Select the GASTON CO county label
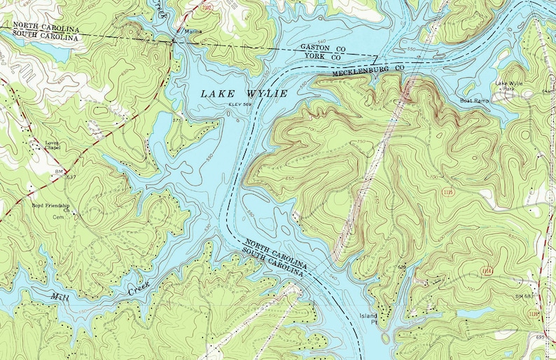[x=321, y=47]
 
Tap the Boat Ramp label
[x=474, y=100]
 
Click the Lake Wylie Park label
[x=510, y=87]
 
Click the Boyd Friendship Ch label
[x=52, y=208]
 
